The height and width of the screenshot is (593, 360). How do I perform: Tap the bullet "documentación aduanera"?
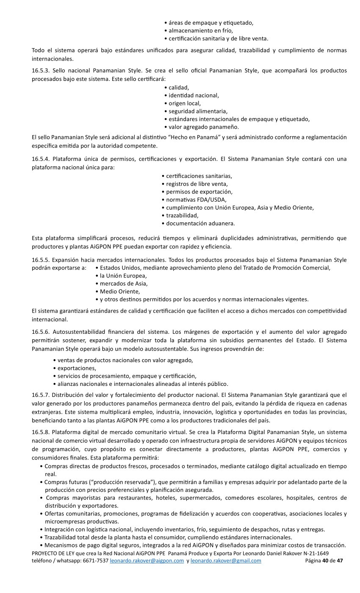pos(200,223)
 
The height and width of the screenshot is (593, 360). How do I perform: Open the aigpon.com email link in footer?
pos(147,561)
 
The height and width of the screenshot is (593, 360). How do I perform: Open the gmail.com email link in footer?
pos(226,561)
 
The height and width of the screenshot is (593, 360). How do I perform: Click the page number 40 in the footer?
pos(325,561)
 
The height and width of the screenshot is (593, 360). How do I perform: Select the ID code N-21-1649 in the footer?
pos(315,554)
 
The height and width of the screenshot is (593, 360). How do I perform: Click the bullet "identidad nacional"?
pos(194,95)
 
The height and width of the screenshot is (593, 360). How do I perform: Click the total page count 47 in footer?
pos(340,561)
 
